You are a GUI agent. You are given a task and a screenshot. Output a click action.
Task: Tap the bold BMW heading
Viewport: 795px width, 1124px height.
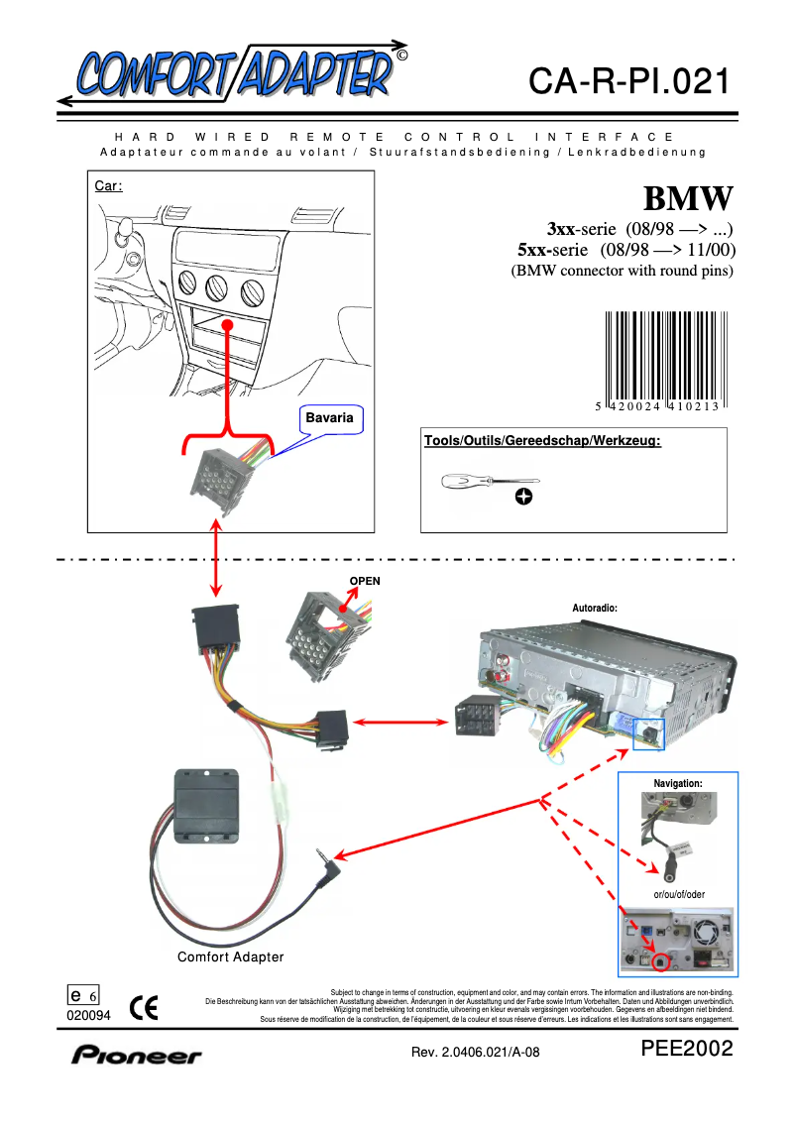(x=688, y=198)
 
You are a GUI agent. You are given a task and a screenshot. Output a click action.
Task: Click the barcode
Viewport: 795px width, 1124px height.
(x=662, y=361)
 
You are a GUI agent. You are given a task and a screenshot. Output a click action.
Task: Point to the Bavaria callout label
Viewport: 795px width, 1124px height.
(x=329, y=418)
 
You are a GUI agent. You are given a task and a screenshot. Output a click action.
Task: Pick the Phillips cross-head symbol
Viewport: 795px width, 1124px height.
(x=523, y=496)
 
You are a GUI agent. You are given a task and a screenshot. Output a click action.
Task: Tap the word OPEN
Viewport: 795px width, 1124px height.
(x=365, y=581)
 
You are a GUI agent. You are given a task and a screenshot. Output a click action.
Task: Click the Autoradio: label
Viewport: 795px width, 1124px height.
(x=595, y=608)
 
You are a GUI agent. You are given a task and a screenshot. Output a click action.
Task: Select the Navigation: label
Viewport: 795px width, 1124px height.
(x=678, y=784)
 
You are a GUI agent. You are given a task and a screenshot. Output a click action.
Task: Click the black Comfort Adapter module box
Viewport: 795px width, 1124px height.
(x=206, y=809)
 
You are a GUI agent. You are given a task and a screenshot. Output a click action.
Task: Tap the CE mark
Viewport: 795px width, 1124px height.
(x=145, y=1010)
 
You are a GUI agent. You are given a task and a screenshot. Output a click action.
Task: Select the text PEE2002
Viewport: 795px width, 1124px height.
(x=686, y=1050)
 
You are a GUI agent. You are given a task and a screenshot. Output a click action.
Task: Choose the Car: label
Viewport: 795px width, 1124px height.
(x=108, y=185)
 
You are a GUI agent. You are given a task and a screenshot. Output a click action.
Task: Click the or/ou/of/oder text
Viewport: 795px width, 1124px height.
(x=679, y=894)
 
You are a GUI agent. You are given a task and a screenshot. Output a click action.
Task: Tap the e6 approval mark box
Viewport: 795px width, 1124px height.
(x=83, y=995)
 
